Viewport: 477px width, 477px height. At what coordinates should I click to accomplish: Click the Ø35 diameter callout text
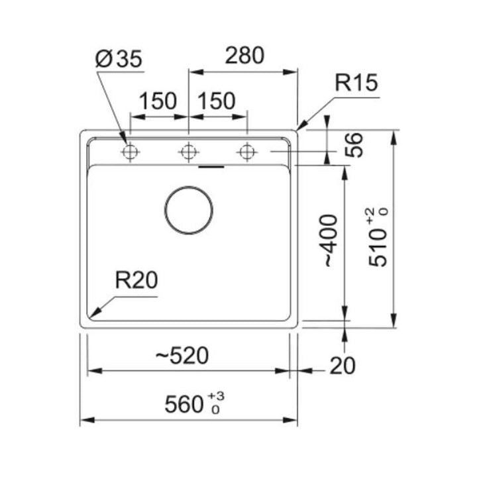tap(119, 58)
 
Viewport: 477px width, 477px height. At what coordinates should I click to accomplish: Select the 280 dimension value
tap(244, 56)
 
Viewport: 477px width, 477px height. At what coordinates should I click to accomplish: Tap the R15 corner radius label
tap(356, 82)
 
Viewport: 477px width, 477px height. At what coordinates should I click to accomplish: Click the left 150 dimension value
tap(158, 101)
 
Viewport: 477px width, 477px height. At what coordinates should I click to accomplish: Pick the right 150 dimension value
tap(216, 101)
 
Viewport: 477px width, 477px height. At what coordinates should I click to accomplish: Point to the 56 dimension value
tap(354, 145)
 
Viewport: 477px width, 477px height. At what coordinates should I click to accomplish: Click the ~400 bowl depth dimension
tap(330, 240)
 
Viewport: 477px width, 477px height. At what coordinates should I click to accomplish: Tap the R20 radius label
tap(136, 280)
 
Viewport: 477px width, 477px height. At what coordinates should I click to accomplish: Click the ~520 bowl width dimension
tap(182, 355)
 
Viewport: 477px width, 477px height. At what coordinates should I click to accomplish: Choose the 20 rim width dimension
tap(343, 366)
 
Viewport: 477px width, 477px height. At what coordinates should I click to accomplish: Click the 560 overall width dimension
tap(184, 404)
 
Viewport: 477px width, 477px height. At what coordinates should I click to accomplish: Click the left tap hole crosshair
tap(131, 152)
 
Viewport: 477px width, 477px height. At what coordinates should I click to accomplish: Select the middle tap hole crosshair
tap(189, 152)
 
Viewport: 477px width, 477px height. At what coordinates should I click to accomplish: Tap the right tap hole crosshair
tap(247, 152)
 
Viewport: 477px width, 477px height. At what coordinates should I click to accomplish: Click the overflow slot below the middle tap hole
tap(211, 167)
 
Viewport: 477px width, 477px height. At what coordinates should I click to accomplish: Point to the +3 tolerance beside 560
tap(216, 396)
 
